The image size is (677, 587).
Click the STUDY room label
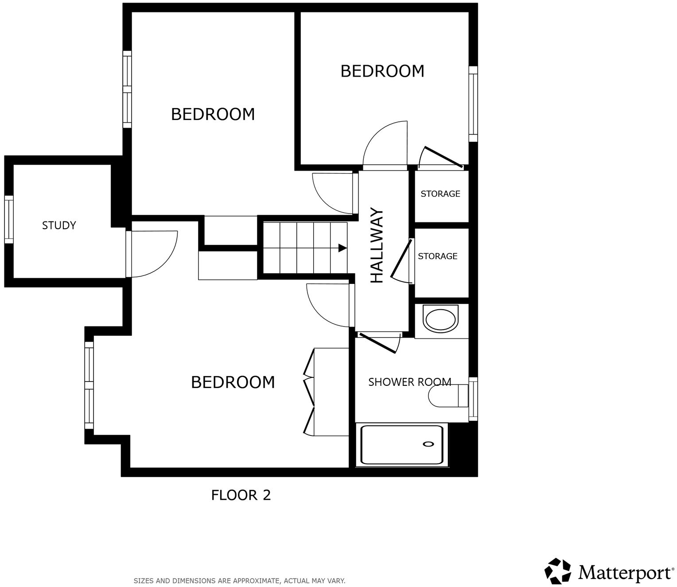59,225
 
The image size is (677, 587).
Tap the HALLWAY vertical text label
377,245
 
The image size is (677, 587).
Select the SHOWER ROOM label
409,382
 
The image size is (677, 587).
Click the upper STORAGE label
440,194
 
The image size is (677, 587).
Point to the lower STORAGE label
437,256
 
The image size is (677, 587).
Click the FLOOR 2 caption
241,495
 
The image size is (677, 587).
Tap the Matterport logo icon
558,571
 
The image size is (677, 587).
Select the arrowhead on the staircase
342,248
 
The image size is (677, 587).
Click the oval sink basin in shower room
440,319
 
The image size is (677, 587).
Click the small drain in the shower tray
428,444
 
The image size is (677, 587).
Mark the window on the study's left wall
9,219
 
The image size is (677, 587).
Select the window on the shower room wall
473,399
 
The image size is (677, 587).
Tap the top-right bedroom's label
382,71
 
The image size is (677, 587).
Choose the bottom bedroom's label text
233,382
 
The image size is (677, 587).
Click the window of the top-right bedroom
473,104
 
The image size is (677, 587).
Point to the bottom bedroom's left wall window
89,385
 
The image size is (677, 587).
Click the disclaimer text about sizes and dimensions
239,580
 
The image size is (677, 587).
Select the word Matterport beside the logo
625,572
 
